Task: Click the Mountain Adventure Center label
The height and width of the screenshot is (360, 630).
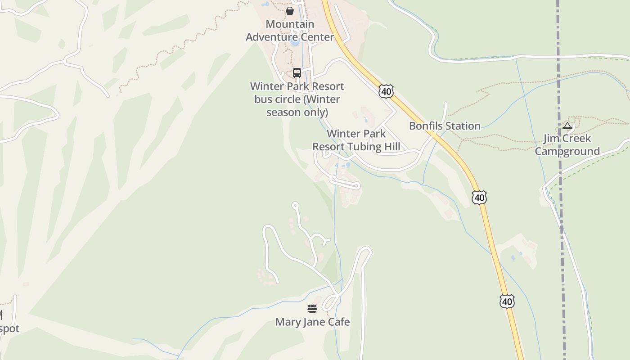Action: [x=290, y=31]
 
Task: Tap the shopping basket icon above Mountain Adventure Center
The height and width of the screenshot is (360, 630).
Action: [x=290, y=10]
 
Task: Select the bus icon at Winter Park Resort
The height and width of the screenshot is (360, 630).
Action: [x=297, y=73]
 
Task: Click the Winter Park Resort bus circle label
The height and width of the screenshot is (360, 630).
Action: [x=297, y=99]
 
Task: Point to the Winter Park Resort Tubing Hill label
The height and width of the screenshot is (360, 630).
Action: [x=356, y=140]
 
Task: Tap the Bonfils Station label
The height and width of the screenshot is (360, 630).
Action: [x=445, y=126]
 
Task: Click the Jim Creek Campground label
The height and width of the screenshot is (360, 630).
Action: [x=567, y=145]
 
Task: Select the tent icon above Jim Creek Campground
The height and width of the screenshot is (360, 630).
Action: [x=567, y=126]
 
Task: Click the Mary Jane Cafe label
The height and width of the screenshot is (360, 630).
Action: [x=312, y=322]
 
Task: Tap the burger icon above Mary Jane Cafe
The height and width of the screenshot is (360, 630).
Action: [x=312, y=309]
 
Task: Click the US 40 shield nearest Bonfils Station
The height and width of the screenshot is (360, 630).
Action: [x=386, y=91]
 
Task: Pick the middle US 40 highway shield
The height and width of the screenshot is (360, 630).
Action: [x=479, y=197]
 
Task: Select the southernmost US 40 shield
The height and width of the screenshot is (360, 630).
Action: [x=507, y=301]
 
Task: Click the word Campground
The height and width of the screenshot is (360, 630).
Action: [x=567, y=152]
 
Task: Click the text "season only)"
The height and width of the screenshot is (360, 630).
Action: [x=297, y=112]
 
